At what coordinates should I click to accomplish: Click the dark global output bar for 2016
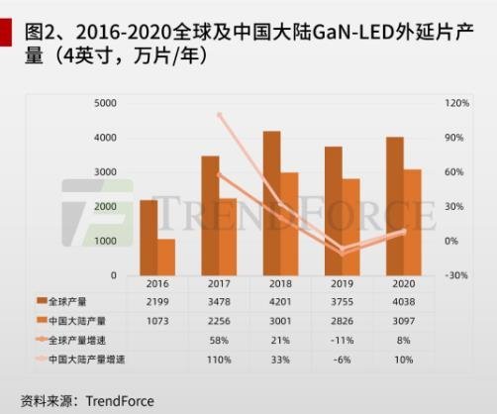coord(148,238)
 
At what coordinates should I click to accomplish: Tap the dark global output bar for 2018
coord(270,203)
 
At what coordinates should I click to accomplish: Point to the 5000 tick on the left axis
coord(105,103)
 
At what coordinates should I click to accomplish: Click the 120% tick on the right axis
coord(456,103)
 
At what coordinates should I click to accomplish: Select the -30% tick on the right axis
coord(456,275)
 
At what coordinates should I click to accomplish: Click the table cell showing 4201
coord(280,299)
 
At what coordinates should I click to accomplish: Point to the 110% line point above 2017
coord(219,115)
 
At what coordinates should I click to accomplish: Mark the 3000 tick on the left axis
coord(105,172)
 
